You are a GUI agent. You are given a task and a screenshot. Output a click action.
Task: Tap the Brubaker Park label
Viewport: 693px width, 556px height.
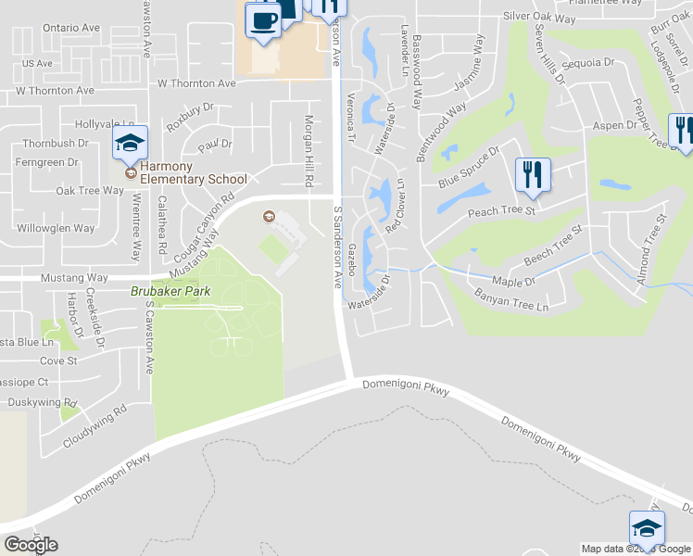tap(170, 291)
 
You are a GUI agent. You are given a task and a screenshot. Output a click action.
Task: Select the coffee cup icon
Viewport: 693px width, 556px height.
tap(262, 19)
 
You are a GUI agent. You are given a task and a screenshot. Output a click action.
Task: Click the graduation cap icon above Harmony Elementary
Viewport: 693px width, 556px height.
tap(131, 144)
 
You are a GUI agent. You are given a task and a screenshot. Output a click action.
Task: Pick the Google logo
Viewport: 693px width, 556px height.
tap(31, 545)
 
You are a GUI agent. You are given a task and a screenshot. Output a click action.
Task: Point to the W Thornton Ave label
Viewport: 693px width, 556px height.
tap(48, 91)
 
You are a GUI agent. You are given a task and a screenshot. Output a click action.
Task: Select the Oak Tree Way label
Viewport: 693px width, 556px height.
tap(89, 191)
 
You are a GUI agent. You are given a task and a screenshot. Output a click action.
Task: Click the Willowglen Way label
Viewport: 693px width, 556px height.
tap(56, 227)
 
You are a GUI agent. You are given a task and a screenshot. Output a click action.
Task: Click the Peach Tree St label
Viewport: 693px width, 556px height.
tap(503, 211)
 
